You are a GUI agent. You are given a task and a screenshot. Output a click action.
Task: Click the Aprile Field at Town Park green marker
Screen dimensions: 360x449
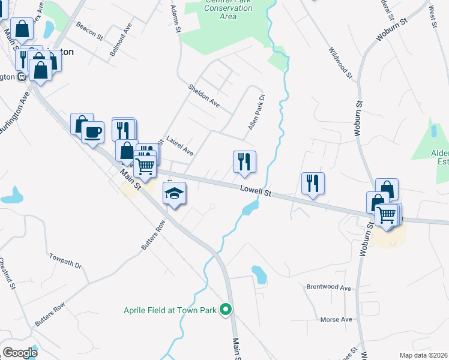click(x=226, y=310)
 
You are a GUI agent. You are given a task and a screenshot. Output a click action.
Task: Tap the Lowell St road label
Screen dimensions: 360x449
click(x=256, y=191)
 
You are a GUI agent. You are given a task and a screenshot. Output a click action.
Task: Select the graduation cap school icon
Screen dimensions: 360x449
click(x=175, y=194)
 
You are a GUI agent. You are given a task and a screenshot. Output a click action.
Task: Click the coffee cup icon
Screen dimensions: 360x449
click(x=92, y=131)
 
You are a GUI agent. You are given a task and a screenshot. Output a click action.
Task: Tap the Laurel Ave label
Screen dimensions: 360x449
click(x=179, y=145)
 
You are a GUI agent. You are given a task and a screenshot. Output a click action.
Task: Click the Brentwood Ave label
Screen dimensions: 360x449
click(x=328, y=287)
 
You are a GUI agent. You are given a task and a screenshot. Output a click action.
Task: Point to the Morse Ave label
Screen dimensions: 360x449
click(x=336, y=319)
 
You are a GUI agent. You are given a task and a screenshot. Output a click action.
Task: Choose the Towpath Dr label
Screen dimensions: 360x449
click(x=65, y=260)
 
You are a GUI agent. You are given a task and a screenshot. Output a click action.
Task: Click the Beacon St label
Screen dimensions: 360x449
click(x=90, y=32)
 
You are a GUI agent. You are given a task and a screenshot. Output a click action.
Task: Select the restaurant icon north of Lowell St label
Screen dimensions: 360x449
click(x=244, y=161)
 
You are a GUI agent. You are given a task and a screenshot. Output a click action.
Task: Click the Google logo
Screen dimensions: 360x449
click(x=20, y=352)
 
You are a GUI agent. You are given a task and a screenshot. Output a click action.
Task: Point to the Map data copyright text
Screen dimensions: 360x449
click(x=423, y=355)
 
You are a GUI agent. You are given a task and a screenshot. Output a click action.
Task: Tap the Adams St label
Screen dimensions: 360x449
click(x=175, y=19)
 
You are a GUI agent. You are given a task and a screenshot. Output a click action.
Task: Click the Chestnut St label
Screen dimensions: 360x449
click(x=5, y=274)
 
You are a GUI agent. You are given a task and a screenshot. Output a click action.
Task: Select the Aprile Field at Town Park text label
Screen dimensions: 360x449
click(x=170, y=310)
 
